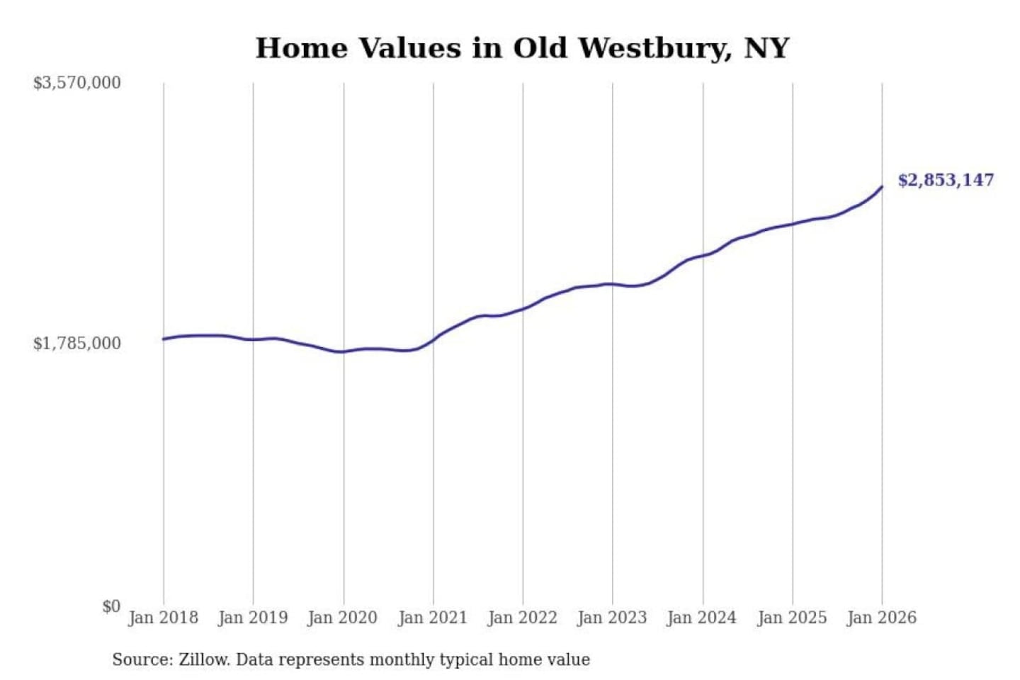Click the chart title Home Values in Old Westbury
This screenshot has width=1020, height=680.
click(x=522, y=48)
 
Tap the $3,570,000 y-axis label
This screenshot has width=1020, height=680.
click(x=77, y=83)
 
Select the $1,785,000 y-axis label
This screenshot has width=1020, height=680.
click(x=77, y=344)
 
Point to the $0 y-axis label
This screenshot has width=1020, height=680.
click(x=111, y=606)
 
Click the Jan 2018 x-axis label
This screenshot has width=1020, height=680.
click(x=163, y=618)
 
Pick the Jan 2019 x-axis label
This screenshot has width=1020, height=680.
click(x=253, y=618)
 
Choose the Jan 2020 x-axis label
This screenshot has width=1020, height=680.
click(x=343, y=618)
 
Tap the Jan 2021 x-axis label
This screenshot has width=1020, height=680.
click(x=433, y=618)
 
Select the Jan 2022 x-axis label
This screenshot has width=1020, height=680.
click(x=523, y=618)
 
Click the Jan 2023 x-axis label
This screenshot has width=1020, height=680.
click(x=612, y=618)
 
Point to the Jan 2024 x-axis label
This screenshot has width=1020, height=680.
click(x=702, y=618)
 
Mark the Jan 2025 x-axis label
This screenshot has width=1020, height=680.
click(x=792, y=618)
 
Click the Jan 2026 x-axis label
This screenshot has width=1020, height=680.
click(x=882, y=618)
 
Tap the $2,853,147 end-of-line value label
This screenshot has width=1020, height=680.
click(x=946, y=180)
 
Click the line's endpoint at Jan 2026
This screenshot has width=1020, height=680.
click(x=882, y=187)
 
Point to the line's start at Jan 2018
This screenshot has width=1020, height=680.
click(x=164, y=339)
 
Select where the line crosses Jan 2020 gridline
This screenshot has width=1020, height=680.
click(x=344, y=351)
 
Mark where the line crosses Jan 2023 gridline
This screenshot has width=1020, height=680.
click(x=613, y=284)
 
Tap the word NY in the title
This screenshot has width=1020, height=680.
click(x=766, y=48)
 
